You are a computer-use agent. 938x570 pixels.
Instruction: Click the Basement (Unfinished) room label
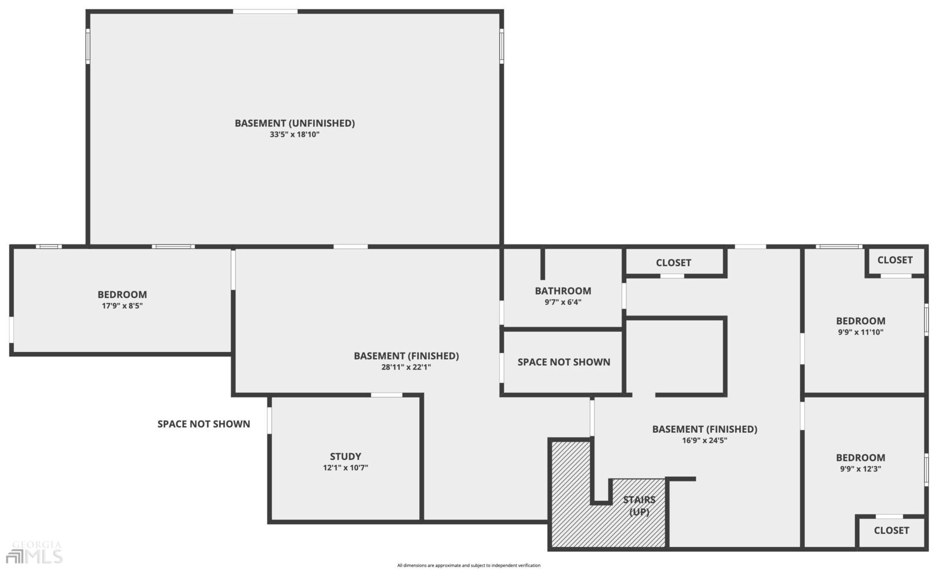[294, 123]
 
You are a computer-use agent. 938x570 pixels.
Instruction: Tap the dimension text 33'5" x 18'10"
[294, 134]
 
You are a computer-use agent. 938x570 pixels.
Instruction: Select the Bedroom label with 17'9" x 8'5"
[123, 294]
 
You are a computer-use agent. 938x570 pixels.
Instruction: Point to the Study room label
[345, 456]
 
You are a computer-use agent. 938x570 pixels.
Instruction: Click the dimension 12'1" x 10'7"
[345, 467]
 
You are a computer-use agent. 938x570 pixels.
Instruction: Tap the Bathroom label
[563, 291]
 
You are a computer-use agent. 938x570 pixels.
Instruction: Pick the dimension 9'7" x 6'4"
[563, 302]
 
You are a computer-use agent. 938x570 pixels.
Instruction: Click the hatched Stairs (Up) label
[639, 505]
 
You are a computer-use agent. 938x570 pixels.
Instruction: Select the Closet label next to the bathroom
[674, 263]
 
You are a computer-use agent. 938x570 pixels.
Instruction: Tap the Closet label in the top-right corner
[895, 260]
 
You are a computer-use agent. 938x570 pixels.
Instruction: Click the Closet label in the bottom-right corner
[892, 530]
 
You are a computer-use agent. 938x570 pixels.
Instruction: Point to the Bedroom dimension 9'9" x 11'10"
[861, 332]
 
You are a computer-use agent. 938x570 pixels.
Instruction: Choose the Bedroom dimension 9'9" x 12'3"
[861, 469]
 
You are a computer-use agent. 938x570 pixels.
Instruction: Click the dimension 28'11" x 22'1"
[406, 367]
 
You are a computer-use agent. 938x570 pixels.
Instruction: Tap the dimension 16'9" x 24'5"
[705, 440]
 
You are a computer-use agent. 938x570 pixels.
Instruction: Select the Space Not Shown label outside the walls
[204, 424]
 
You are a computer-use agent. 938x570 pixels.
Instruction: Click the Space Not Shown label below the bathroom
[563, 362]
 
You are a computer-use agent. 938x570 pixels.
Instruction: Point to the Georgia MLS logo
[35, 552]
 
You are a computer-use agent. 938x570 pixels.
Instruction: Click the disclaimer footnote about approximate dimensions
[468, 565]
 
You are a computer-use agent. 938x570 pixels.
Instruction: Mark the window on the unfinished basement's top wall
[265, 11]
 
